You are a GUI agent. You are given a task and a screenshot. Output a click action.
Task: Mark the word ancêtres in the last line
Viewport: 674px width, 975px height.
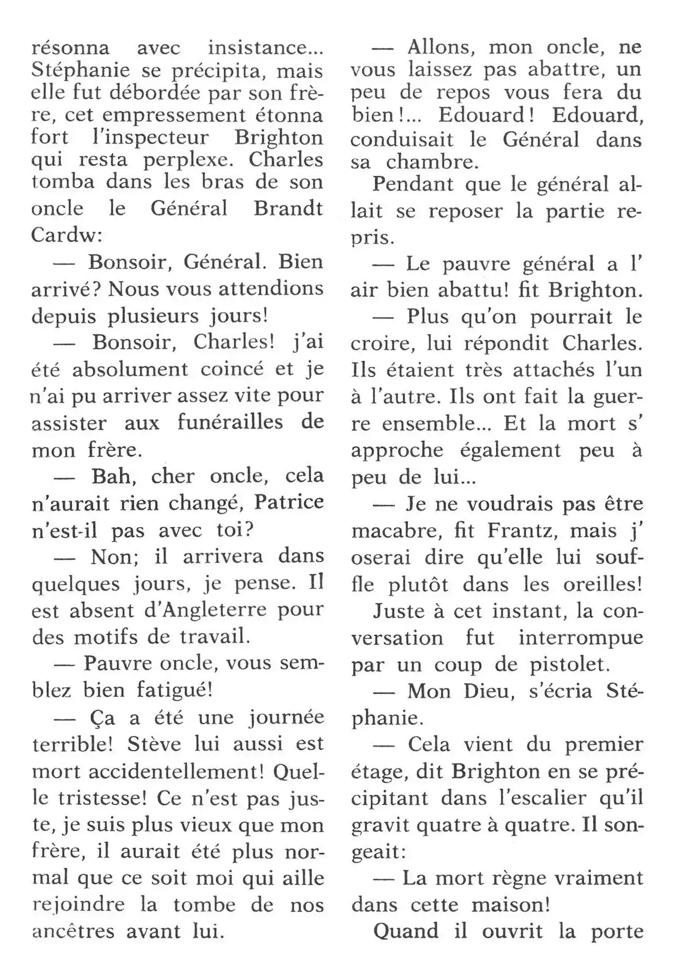73,931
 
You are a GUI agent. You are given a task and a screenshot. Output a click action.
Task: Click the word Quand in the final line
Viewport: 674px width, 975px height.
405,931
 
